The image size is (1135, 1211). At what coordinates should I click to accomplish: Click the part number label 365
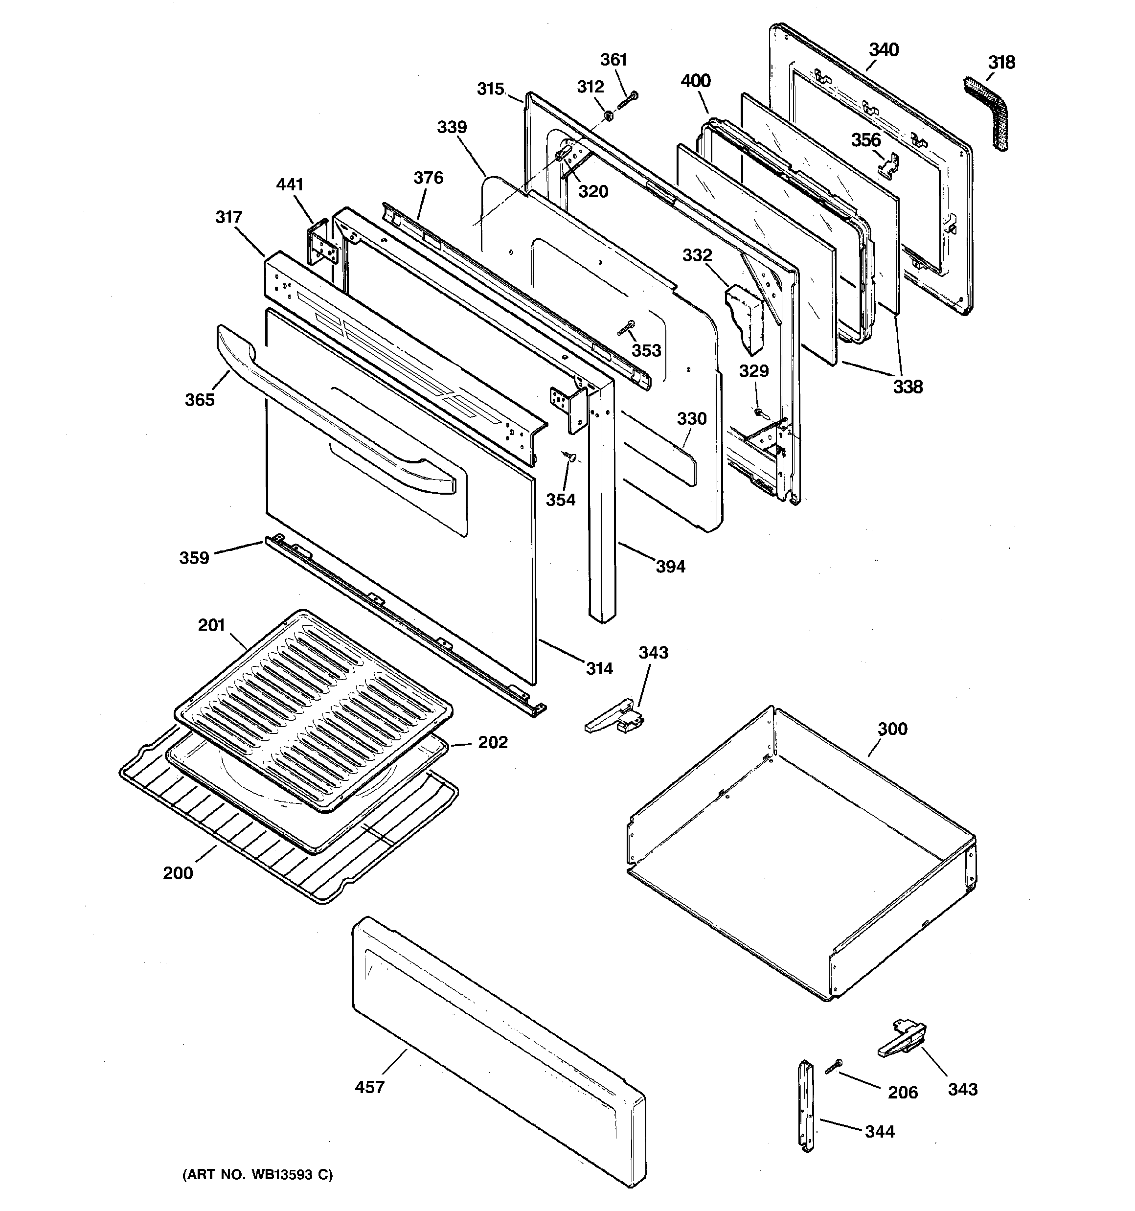tap(200, 400)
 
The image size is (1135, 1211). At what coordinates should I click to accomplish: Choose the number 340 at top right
tap(884, 49)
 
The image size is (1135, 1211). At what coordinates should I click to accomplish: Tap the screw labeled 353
tap(626, 328)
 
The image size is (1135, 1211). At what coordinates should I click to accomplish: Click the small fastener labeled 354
tap(571, 456)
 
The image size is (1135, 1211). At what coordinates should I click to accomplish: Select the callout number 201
tap(211, 625)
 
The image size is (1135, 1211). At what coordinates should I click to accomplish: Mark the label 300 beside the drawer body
tap(892, 729)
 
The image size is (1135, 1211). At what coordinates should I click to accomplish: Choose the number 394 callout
tap(670, 567)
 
